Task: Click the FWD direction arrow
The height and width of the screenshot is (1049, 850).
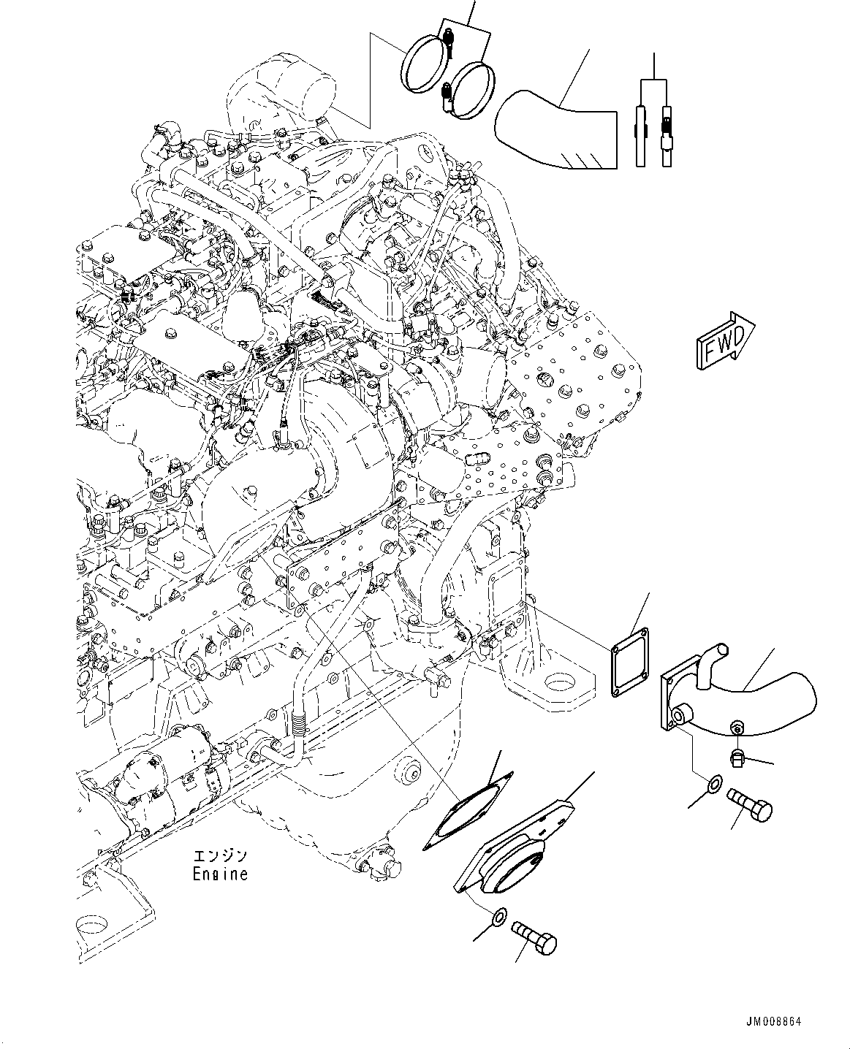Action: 725,340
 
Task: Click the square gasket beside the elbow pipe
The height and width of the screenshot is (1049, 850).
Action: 630,663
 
